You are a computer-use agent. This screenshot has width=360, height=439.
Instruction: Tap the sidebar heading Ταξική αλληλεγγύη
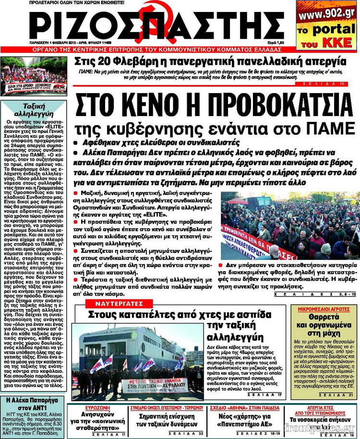pyautogui.click(x=31, y=111)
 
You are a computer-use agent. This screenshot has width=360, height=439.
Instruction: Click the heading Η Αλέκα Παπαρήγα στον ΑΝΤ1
pyautogui.click(x=32, y=403)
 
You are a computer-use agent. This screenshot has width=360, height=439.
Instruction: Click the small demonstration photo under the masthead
pyautogui.click(x=33, y=75)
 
